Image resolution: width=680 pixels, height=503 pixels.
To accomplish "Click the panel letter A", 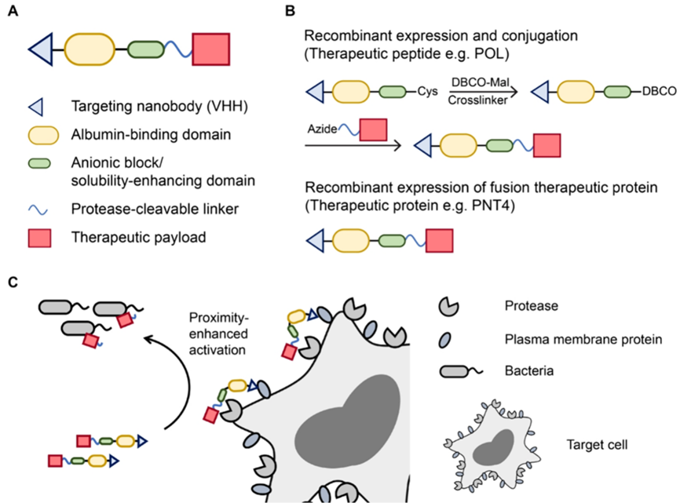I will [13, 13].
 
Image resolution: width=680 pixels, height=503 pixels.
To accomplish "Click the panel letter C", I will [13, 280].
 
